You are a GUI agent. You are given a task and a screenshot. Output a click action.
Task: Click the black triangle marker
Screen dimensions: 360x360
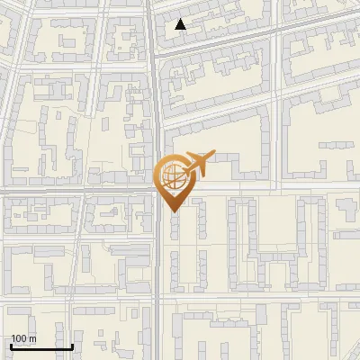[x=181, y=24]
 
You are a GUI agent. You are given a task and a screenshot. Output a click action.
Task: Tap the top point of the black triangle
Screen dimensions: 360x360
[x=181, y=19]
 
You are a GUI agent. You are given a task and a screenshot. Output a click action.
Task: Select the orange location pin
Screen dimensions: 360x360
[x=174, y=181]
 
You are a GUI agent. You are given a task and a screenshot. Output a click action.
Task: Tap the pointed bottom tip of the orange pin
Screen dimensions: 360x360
[x=174, y=211]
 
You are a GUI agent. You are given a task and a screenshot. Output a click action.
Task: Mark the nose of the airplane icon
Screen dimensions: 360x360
[x=214, y=154]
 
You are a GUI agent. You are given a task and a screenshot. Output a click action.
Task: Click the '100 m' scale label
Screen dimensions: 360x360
[x=23, y=338]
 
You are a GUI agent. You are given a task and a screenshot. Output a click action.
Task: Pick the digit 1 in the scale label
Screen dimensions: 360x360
[x=13, y=338]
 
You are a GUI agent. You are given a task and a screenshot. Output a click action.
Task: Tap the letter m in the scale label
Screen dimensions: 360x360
[x=33, y=338]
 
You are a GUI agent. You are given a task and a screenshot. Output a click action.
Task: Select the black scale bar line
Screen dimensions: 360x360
[x=41, y=346]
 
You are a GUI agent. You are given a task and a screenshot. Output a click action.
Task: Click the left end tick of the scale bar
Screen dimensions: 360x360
[x=11, y=345]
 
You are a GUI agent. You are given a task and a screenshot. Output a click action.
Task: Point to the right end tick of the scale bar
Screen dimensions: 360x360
[x=72, y=345]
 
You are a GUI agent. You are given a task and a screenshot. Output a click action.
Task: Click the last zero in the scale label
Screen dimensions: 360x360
[x=26, y=338]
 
